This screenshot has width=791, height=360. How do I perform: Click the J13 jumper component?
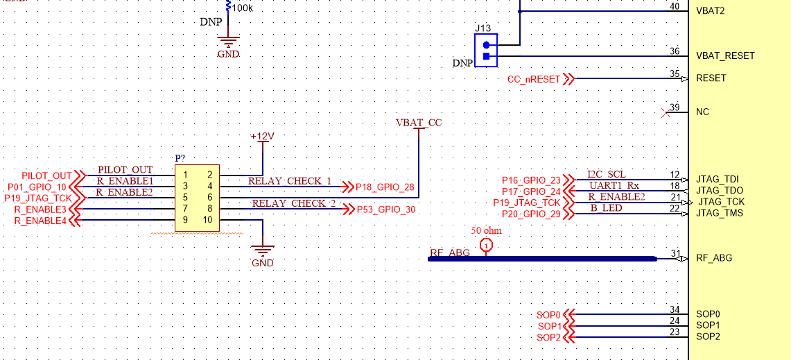click(x=486, y=51)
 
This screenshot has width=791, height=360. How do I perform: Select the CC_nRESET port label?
click(x=540, y=79)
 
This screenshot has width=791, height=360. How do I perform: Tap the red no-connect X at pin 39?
click(x=666, y=114)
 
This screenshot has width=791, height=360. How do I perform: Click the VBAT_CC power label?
click(x=419, y=123)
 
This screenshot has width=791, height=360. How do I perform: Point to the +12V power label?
click(x=262, y=137)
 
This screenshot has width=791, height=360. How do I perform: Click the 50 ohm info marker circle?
click(x=486, y=246)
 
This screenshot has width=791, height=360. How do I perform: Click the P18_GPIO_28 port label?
click(x=379, y=187)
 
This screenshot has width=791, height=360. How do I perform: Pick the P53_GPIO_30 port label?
click(x=380, y=209)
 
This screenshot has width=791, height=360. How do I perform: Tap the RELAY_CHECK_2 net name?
click(x=294, y=203)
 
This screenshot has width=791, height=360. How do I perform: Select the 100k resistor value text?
click(x=242, y=8)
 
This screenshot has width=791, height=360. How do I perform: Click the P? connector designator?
click(x=181, y=159)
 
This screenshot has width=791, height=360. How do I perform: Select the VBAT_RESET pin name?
click(x=725, y=56)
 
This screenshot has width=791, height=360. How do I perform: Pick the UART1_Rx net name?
click(x=614, y=185)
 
